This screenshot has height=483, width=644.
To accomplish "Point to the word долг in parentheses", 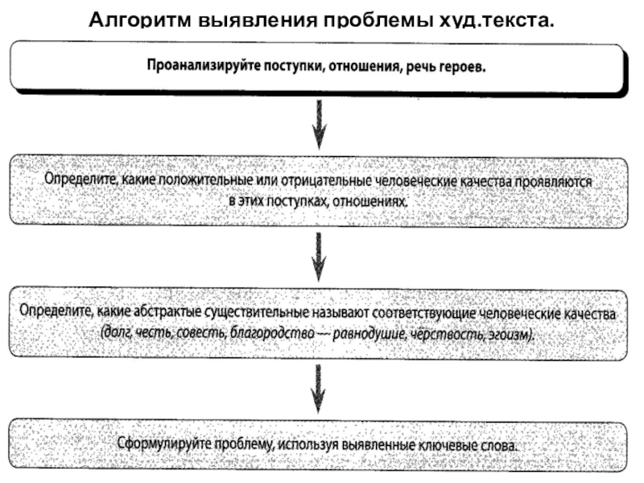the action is click(114, 331).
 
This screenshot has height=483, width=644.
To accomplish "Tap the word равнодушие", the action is click(367, 331).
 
